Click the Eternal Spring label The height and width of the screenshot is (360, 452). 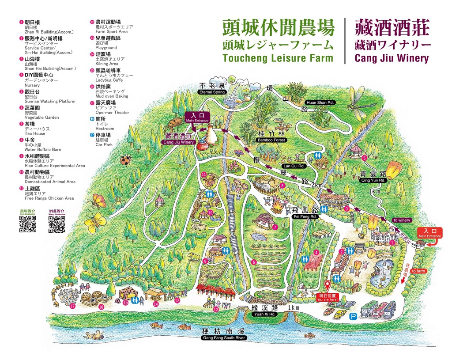212,92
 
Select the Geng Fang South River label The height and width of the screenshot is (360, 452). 223,338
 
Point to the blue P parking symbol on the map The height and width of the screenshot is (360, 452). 352,316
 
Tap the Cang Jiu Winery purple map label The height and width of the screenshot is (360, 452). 179,142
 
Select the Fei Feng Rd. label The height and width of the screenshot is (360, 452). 305,217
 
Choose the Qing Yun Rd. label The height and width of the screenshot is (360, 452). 373,180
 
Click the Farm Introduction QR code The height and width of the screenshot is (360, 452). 28,224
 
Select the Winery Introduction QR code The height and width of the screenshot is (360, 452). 56,224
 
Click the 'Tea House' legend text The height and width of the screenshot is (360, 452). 35,133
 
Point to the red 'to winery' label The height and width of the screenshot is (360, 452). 401,220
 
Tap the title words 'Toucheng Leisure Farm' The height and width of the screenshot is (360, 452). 278,58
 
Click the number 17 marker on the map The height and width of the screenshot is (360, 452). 72,306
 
